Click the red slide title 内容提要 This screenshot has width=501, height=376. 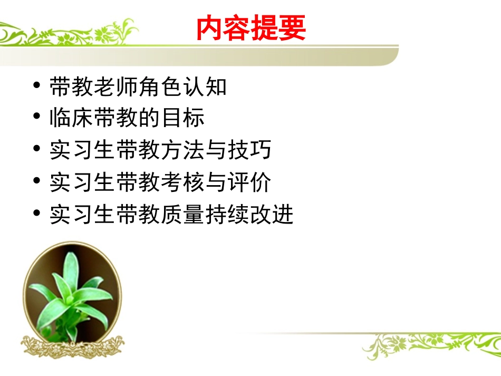coord(251,28)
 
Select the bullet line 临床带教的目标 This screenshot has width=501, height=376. coord(127,118)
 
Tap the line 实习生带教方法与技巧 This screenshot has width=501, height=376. coord(160,150)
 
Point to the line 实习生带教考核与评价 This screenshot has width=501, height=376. coord(160,182)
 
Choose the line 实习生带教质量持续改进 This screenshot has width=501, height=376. coord(171,215)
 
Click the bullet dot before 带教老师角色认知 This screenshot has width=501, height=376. coord(36,85)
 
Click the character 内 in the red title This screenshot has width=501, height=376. coord(210,28)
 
